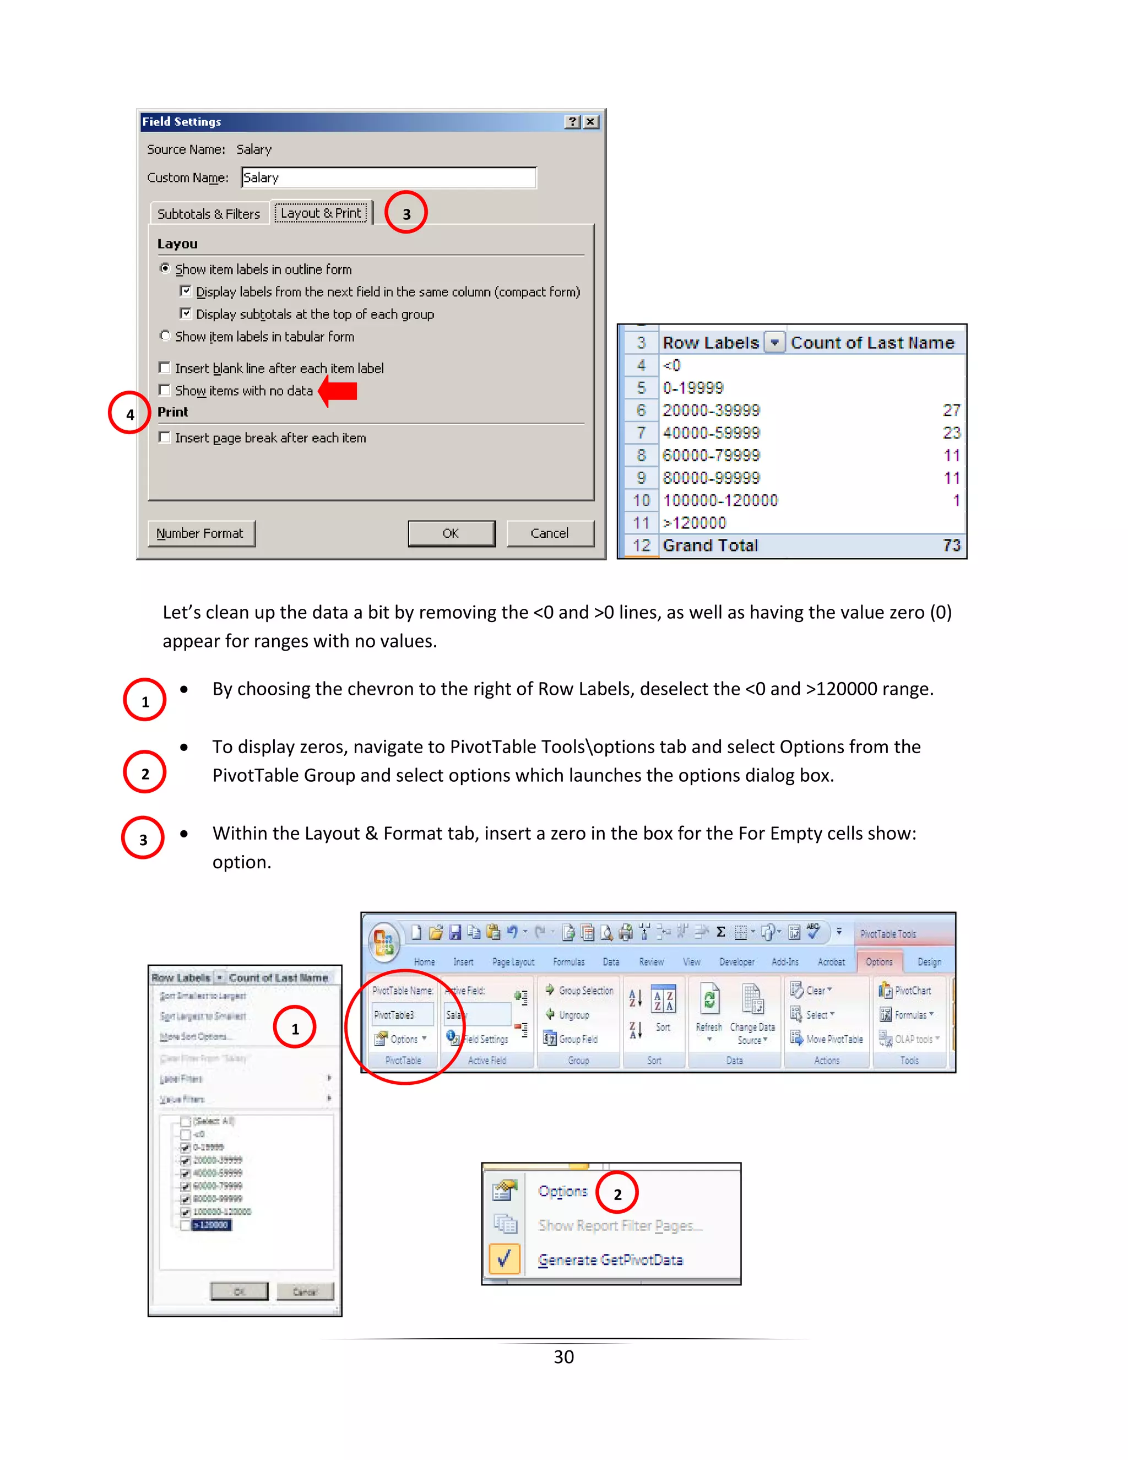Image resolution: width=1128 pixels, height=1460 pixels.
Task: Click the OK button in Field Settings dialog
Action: click(x=451, y=533)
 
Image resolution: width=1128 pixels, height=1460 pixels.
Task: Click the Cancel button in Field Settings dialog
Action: click(x=549, y=533)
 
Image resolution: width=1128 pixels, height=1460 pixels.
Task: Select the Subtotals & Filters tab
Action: click(x=209, y=214)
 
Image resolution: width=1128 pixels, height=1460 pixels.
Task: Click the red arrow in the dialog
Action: click(x=339, y=391)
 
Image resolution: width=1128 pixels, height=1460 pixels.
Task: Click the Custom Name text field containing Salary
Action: click(x=388, y=178)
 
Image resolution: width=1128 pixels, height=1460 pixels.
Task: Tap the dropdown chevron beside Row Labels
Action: click(x=774, y=343)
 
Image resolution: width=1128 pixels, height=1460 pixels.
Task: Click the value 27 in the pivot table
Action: click(x=951, y=410)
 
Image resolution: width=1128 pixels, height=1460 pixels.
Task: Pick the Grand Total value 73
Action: click(x=951, y=545)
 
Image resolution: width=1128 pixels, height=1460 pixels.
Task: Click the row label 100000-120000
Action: click(x=720, y=501)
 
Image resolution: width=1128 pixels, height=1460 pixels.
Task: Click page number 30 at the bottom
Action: click(x=563, y=1357)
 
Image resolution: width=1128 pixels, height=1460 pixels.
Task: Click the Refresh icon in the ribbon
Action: click(x=709, y=1000)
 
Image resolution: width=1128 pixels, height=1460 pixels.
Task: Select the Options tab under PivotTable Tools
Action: click(x=878, y=962)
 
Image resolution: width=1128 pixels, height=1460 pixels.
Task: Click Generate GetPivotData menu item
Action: click(x=610, y=1260)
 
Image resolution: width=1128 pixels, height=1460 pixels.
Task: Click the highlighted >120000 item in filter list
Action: click(x=211, y=1225)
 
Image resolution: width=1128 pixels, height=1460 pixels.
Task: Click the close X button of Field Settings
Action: click(x=591, y=122)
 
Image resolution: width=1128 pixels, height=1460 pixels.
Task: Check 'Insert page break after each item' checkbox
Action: click(x=164, y=437)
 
